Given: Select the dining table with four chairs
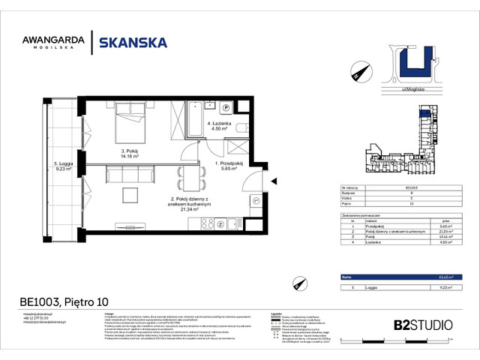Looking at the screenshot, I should pyautogui.click(x=188, y=179).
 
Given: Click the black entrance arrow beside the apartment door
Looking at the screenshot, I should pyautogui.click(x=275, y=180).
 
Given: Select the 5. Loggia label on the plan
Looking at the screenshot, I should pyautogui.click(x=61, y=163).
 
